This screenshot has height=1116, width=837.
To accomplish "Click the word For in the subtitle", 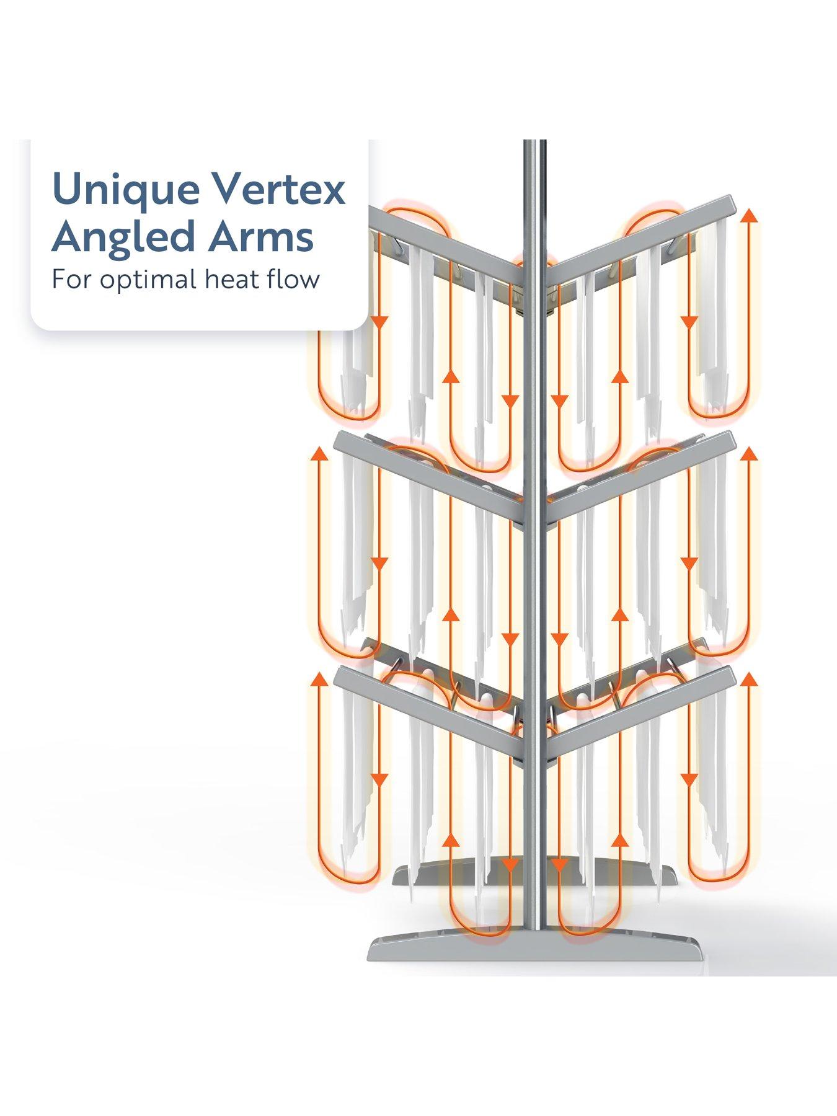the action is pyautogui.click(x=70, y=279).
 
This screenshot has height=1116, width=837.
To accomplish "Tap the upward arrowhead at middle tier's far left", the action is pyautogui.click(x=319, y=454).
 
